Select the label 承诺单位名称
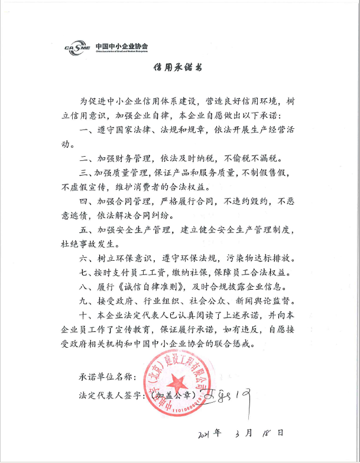pos(107,376)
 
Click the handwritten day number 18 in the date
pos(264,433)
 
